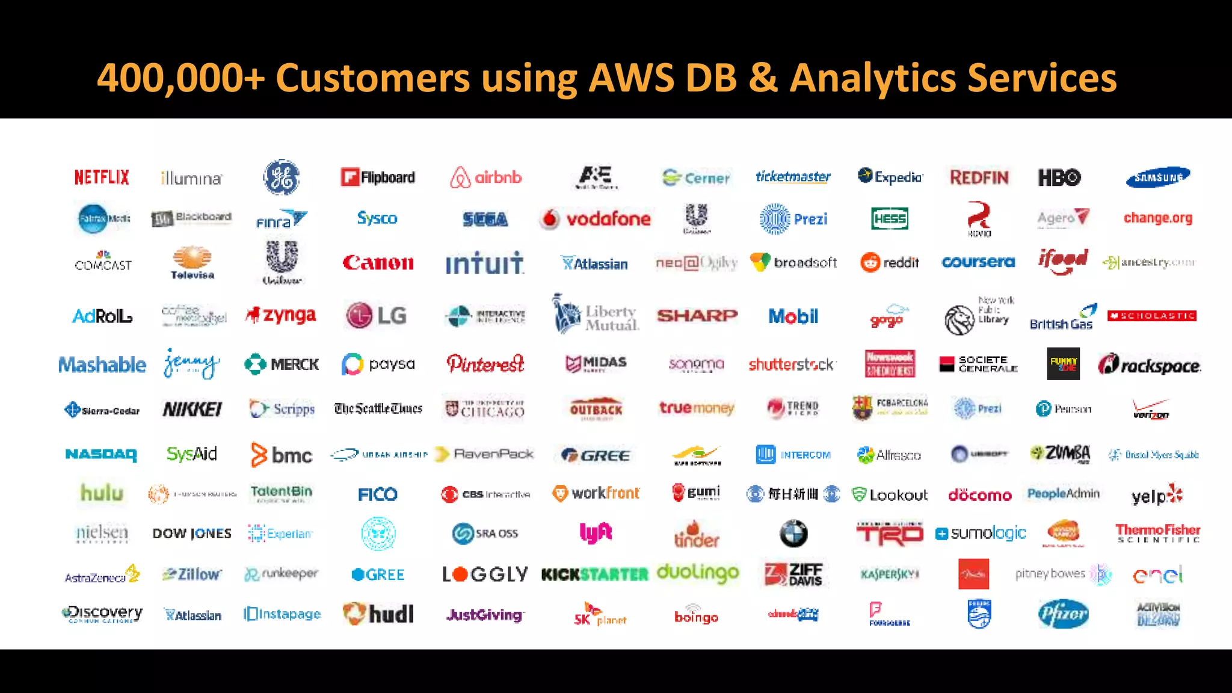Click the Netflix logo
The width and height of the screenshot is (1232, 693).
(x=102, y=177)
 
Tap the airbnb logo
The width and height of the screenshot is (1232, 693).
(x=485, y=177)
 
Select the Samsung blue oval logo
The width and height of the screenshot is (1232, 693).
(x=1157, y=177)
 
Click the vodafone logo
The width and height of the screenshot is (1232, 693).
(x=595, y=219)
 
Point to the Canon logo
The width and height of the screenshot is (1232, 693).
(x=378, y=263)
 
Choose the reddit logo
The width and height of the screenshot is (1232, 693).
(x=890, y=263)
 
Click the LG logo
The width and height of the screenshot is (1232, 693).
(x=377, y=315)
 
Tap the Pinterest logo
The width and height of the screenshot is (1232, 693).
(x=485, y=364)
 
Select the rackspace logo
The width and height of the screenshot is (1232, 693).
(x=1149, y=365)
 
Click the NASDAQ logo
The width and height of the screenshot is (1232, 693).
(x=101, y=454)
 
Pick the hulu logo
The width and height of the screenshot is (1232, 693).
(x=102, y=493)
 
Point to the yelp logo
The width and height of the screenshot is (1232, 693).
(x=1156, y=495)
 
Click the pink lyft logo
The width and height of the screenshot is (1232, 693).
(x=596, y=533)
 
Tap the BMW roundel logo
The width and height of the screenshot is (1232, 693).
(x=793, y=534)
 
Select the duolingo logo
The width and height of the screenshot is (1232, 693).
(x=697, y=573)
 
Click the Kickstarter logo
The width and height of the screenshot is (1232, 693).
(x=595, y=574)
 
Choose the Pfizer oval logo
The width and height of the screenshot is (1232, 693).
(x=1063, y=614)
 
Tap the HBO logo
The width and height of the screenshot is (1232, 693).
(x=1059, y=177)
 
